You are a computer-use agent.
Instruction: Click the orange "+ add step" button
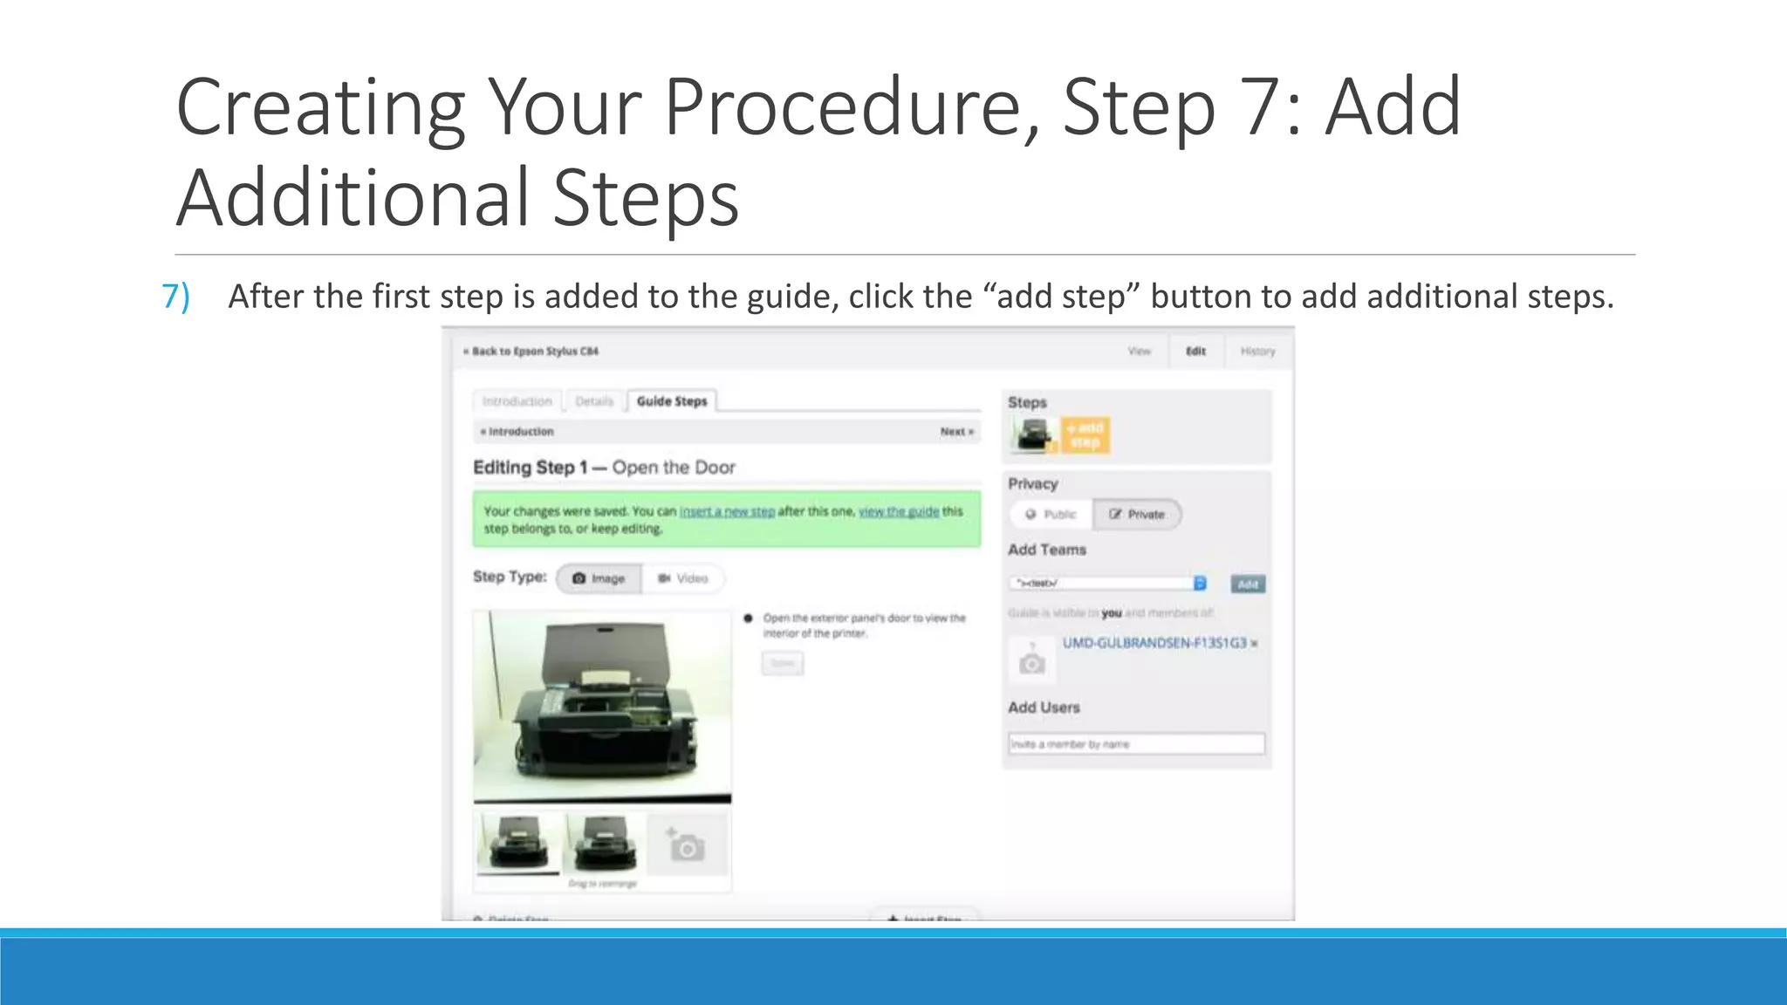coord(1085,434)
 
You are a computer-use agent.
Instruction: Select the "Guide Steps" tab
coord(671,401)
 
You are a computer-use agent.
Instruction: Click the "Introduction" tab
coord(517,401)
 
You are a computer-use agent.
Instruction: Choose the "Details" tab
coord(594,401)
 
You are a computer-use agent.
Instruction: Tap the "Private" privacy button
coord(1137,515)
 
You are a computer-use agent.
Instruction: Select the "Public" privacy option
coord(1051,515)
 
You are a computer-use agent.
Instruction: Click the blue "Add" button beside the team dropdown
coord(1248,584)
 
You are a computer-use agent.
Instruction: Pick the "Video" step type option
coord(682,578)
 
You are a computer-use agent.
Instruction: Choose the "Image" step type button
coord(599,578)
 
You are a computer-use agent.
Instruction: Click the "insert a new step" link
coord(727,511)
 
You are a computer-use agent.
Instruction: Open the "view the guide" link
coord(899,511)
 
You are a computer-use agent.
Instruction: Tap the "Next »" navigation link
coord(956,432)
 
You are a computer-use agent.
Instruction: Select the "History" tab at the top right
coord(1257,352)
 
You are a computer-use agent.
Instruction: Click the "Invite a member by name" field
coord(1136,744)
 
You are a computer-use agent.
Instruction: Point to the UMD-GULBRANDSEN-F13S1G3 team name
coord(1154,643)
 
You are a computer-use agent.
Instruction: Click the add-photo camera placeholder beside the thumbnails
coord(687,845)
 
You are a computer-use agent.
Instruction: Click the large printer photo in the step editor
coord(602,706)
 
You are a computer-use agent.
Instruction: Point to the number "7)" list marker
coord(176,297)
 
